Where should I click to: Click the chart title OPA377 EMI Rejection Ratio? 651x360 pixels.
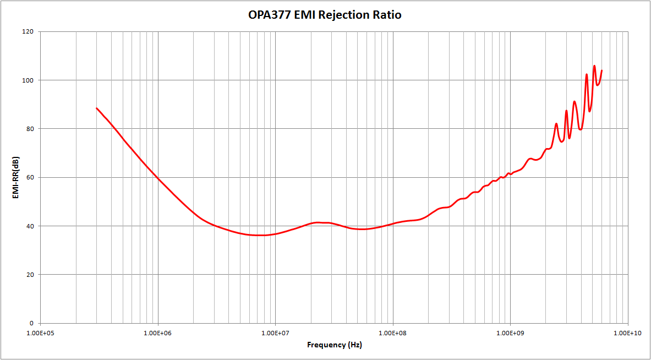point(325,15)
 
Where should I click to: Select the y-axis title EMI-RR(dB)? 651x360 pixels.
point(17,177)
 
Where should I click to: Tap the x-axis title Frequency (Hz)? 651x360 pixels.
point(335,345)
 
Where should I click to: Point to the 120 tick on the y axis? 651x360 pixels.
point(28,32)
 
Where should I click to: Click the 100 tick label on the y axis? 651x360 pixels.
point(28,80)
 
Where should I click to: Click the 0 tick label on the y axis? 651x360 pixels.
point(31,323)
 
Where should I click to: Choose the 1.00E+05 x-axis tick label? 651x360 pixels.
point(41,333)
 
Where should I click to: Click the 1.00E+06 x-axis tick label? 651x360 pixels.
point(158,333)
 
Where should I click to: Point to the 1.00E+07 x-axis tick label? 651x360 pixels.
point(275,333)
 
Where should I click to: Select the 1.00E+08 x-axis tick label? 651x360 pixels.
point(393,333)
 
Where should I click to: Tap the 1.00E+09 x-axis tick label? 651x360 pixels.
point(510,333)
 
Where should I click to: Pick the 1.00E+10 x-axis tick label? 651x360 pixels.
point(627,333)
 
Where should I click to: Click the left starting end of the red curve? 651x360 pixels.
point(97,108)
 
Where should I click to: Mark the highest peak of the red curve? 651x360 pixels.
point(594,66)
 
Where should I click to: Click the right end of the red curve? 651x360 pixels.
point(601,70)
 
